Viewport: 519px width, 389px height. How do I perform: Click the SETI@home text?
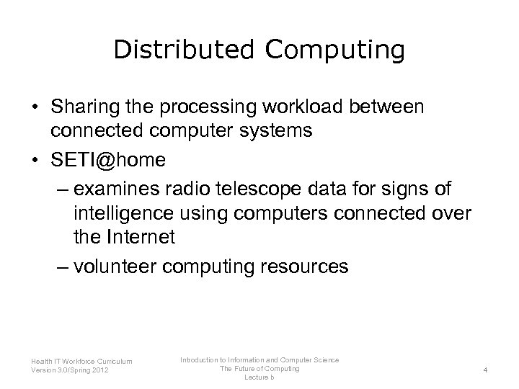tap(107, 160)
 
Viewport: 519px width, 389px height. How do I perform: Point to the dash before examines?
tap(62, 189)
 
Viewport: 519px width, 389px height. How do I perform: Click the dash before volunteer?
tap(62, 267)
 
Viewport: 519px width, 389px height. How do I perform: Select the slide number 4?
tap(486, 370)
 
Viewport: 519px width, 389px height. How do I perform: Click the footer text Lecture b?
tap(259, 377)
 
